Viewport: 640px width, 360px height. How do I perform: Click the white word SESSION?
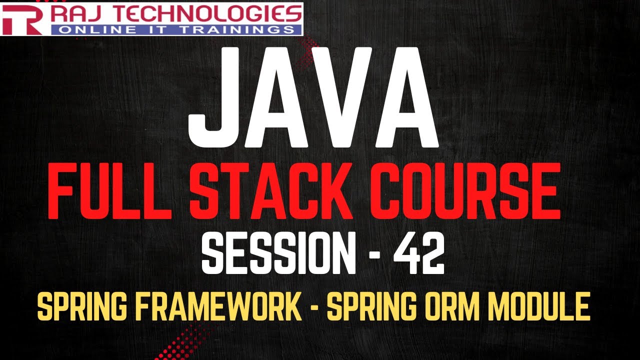(x=278, y=254)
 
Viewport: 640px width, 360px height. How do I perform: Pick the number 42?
(x=418, y=254)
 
